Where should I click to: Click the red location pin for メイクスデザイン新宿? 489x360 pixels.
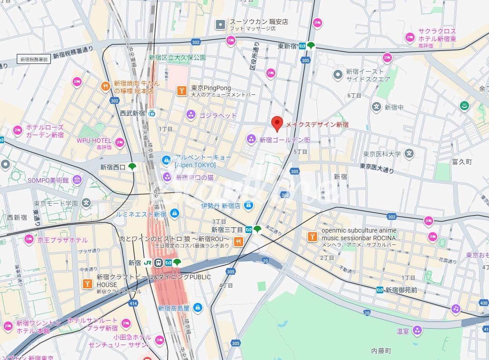click(x=277, y=123)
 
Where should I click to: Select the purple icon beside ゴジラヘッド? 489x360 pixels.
click(x=191, y=115)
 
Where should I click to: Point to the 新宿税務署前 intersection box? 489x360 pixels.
click(x=34, y=59)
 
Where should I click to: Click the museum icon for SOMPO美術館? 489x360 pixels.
click(x=77, y=180)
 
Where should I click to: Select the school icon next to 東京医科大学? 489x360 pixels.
click(x=410, y=154)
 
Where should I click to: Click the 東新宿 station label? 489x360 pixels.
click(x=287, y=46)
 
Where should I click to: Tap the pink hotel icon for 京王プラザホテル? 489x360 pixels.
click(x=29, y=239)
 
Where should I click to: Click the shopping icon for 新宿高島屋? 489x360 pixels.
click(x=197, y=308)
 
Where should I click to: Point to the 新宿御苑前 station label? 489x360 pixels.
click(x=401, y=290)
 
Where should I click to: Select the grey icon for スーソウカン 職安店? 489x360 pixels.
click(x=220, y=24)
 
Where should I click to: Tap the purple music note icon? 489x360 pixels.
click(x=455, y=308)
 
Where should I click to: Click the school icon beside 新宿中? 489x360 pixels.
click(x=376, y=107)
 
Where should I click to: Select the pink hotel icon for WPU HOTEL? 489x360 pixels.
click(x=119, y=142)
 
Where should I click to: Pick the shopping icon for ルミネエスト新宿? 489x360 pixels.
click(x=174, y=213)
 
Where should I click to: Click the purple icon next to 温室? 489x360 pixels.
click(x=417, y=331)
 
